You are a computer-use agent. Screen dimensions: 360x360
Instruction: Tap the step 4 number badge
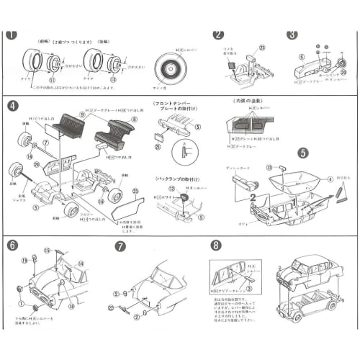(12, 106)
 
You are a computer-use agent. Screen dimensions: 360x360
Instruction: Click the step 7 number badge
(120, 245)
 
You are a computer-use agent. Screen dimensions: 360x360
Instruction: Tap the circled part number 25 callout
(135, 192)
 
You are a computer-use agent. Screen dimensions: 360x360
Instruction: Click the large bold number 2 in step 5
(253, 194)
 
